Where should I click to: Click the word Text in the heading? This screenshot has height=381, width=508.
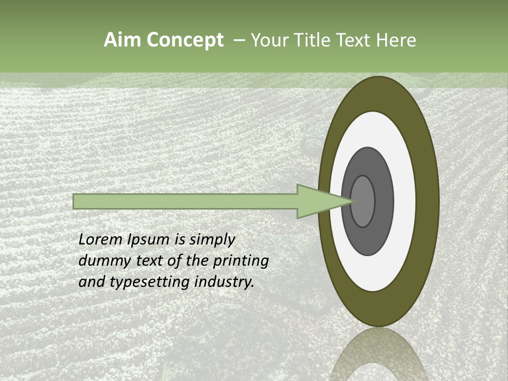(355, 40)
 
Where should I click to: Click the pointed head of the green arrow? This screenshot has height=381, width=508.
(317, 201)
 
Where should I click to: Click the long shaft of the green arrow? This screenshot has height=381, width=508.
(185, 202)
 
